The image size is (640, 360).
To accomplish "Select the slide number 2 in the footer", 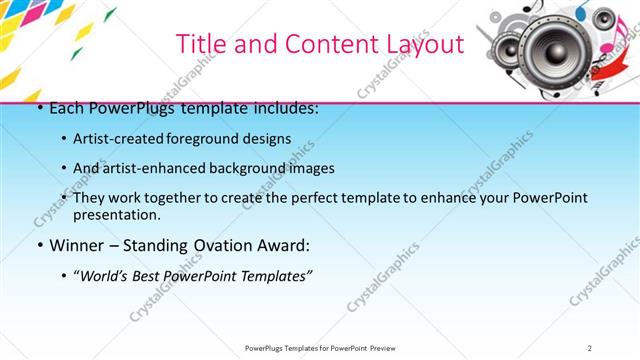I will pyautogui.click(x=590, y=348).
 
